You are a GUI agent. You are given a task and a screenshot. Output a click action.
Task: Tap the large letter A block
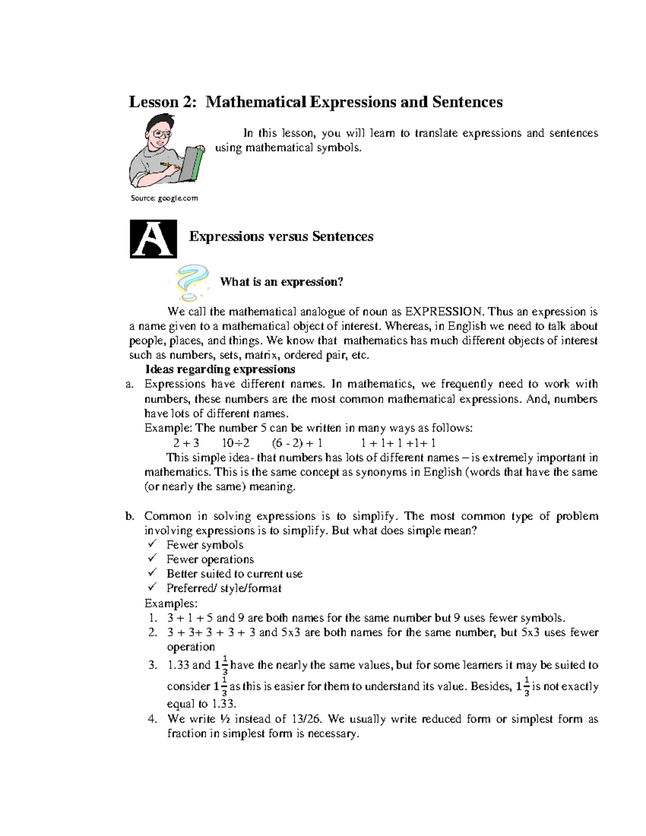tap(153, 239)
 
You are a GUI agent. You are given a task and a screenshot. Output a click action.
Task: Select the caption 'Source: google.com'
tap(164, 199)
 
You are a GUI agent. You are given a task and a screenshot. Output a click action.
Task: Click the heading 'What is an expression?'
tap(281, 282)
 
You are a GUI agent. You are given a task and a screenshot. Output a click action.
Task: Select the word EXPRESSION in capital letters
tap(445, 312)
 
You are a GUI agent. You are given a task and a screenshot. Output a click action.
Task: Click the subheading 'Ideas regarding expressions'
tap(220, 369)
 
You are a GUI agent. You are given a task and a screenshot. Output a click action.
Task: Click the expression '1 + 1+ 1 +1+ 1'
tap(398, 443)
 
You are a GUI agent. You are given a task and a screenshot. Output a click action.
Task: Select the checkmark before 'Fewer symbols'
tap(153, 544)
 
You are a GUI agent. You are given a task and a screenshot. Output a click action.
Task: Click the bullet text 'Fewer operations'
tap(210, 559)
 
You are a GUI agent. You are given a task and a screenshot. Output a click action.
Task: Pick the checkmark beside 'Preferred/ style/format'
tap(153, 588)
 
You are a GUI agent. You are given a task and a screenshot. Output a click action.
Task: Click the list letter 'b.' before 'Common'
tap(129, 516)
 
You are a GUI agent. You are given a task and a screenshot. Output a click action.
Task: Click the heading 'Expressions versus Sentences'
tap(281, 237)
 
